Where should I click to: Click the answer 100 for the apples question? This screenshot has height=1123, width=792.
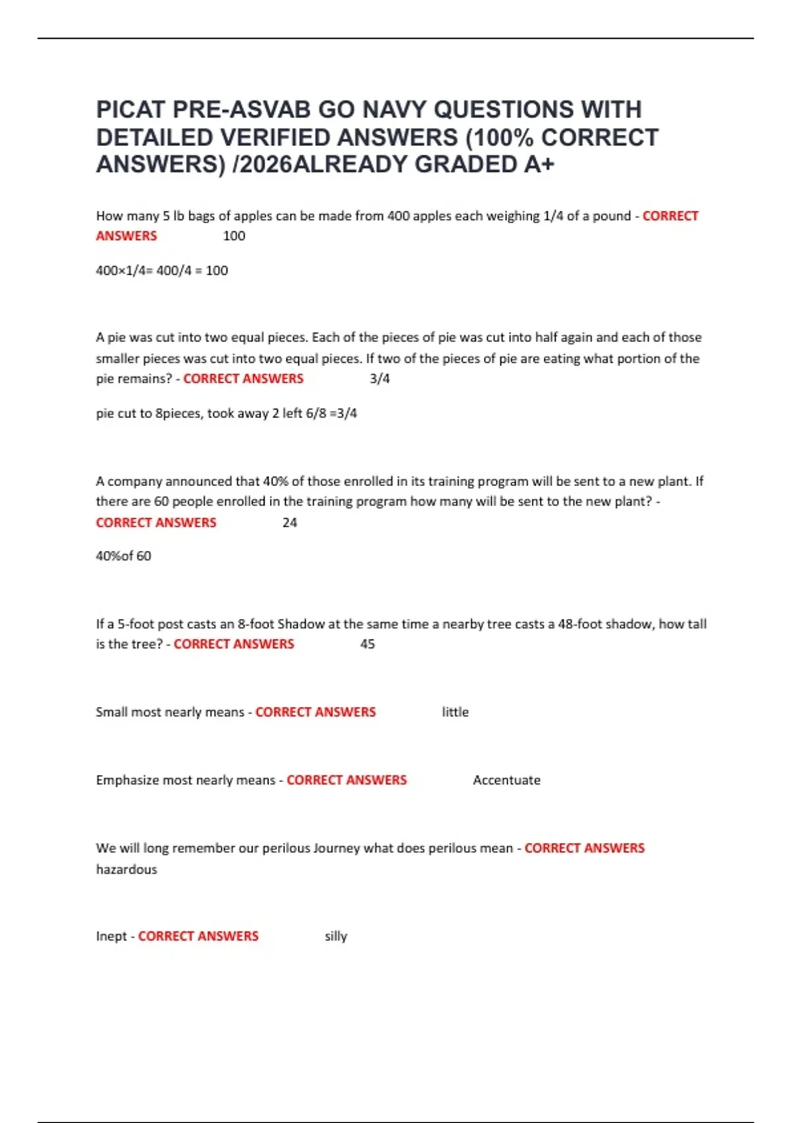(x=234, y=236)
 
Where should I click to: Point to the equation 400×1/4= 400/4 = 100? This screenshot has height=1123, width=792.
(x=162, y=270)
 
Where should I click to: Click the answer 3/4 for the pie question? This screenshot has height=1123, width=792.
(x=379, y=379)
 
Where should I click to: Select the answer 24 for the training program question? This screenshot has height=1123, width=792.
(x=290, y=523)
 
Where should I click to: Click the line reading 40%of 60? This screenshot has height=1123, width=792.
(x=123, y=556)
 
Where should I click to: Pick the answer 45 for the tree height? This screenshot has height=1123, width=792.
(x=368, y=644)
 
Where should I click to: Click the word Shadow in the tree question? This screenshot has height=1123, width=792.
(x=301, y=624)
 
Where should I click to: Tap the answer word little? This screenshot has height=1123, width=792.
(x=455, y=712)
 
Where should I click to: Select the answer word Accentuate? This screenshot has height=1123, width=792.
(x=506, y=780)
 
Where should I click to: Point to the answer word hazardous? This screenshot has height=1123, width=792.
(x=127, y=869)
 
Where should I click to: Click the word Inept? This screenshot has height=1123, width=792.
(x=111, y=936)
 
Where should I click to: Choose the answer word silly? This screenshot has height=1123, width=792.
(x=336, y=936)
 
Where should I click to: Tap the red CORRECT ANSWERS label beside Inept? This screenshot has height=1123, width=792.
(x=198, y=936)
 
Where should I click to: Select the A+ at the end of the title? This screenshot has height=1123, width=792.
(x=539, y=164)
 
